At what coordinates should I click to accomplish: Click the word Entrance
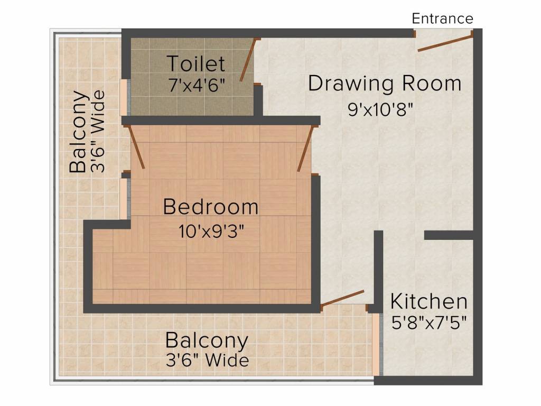pos(442,19)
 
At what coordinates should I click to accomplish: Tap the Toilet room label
pos(196,63)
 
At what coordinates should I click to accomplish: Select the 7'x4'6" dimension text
pos(197,85)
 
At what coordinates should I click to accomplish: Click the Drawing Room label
pos(385,84)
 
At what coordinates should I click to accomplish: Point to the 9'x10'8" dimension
pos(380,110)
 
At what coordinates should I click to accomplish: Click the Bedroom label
pos(210,207)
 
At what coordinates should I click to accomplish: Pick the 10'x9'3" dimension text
pos(211,232)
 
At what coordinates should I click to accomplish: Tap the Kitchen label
pos(429,301)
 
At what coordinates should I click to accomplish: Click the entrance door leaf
pos(445,43)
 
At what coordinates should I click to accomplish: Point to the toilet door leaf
pos(248,60)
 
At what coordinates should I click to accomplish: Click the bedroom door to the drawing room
pos(306,149)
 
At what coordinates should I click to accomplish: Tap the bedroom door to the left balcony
pos(136,147)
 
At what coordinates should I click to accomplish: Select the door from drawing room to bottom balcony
pos(342,299)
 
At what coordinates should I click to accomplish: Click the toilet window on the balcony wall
pos(124,97)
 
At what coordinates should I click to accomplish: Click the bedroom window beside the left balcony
pos(124,199)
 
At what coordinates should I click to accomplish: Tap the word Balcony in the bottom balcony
pos(207,340)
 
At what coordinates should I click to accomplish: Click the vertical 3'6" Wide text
pos(98,132)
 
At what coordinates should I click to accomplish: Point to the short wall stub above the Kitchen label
pos(449,235)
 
